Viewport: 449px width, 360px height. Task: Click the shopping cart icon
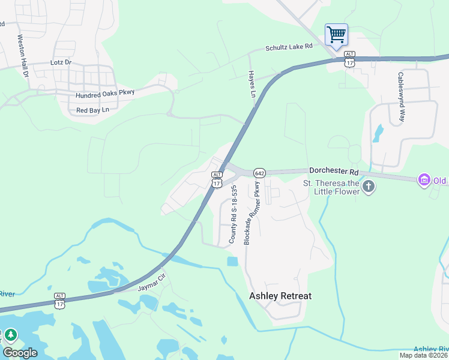click(x=336, y=34)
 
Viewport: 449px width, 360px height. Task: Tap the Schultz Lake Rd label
click(x=289, y=47)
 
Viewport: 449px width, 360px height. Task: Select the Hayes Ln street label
click(x=252, y=83)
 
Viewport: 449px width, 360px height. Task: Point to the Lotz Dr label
click(x=61, y=62)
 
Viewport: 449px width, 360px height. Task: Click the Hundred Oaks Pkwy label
click(x=105, y=94)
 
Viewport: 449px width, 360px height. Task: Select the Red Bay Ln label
click(x=92, y=110)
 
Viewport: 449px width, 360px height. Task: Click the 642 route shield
click(x=259, y=173)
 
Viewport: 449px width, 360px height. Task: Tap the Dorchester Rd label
click(x=333, y=171)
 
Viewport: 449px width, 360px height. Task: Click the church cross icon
click(x=369, y=187)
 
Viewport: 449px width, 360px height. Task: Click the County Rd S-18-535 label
click(x=234, y=214)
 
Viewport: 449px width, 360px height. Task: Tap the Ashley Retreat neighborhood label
click(x=280, y=296)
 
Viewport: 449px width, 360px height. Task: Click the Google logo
click(x=20, y=353)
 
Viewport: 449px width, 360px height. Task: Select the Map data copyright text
click(x=424, y=355)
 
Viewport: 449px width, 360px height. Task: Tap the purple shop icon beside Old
click(x=424, y=179)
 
